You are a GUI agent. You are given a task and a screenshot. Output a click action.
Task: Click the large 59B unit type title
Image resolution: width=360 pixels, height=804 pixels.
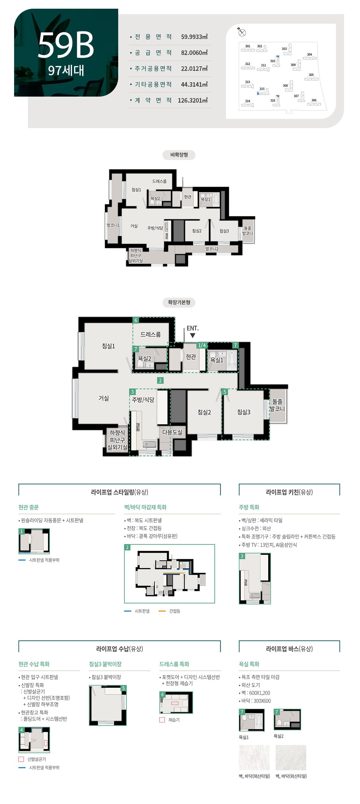pyautogui.click(x=66, y=45)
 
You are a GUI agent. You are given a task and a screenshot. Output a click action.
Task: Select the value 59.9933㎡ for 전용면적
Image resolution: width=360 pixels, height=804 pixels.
pyautogui.click(x=194, y=37)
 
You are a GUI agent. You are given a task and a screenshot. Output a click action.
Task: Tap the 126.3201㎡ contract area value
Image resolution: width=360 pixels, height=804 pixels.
pyautogui.click(x=192, y=100)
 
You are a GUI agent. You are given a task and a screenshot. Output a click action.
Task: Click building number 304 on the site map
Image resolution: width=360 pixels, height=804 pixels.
pyautogui.click(x=309, y=55)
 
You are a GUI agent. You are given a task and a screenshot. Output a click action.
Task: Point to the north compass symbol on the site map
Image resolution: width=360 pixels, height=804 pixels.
pyautogui.click(x=242, y=32)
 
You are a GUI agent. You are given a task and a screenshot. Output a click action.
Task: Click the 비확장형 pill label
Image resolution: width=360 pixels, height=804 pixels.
pyautogui.click(x=178, y=155)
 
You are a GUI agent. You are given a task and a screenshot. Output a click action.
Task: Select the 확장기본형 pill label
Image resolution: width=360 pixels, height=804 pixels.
pyautogui.click(x=178, y=302)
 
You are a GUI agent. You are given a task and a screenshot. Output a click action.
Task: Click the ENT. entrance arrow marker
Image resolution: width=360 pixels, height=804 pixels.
pyautogui.click(x=193, y=335)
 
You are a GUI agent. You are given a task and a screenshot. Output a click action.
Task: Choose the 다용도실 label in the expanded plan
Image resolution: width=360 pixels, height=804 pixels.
pyautogui.click(x=172, y=432)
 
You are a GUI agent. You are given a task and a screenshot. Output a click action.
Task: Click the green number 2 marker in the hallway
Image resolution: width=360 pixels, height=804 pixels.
pyautogui.click(x=160, y=380)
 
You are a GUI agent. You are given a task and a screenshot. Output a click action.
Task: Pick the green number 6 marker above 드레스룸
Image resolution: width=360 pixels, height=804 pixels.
pyautogui.click(x=136, y=320)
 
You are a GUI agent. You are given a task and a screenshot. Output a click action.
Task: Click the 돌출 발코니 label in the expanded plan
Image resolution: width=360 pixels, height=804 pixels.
pyautogui.click(x=277, y=405)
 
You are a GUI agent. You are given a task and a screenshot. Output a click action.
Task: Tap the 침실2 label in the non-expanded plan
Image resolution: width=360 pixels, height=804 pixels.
pyautogui.click(x=197, y=231)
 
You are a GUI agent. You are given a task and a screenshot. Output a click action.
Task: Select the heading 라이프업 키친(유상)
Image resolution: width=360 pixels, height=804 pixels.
pyautogui.click(x=289, y=492)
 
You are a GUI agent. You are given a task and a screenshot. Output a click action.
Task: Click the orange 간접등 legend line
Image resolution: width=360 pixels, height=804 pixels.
pyautogui.click(x=162, y=611)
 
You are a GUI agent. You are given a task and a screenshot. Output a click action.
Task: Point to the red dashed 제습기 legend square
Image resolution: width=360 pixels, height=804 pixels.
pyautogui.click(x=162, y=720)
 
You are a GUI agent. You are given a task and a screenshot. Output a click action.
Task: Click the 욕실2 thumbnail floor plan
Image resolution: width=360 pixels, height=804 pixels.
pyautogui.click(x=287, y=719)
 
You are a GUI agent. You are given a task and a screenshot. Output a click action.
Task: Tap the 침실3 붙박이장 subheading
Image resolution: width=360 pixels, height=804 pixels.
pyautogui.click(x=105, y=664)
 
